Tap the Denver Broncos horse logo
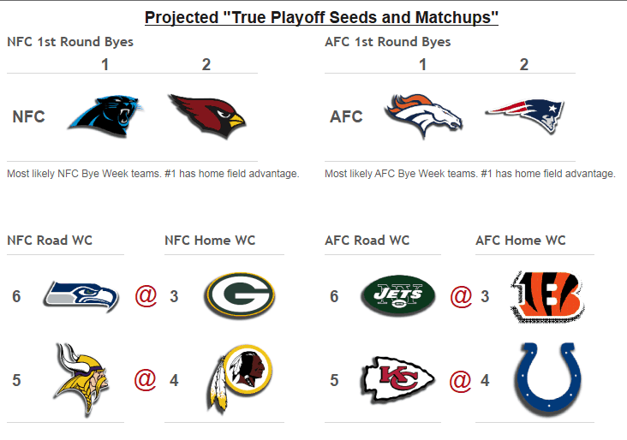[424, 116]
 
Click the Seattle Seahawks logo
[81, 296]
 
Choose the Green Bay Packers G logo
[240, 295]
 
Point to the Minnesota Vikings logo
[82, 380]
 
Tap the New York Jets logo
[398, 295]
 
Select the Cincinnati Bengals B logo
[547, 295]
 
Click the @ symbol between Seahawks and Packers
[146, 296]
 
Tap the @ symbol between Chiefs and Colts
[460, 380]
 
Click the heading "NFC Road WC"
[50, 241]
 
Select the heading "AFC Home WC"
[521, 241]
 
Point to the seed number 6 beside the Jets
[334, 296]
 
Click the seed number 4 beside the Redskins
[174, 380]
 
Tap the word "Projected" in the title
[182, 18]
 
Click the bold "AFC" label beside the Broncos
[346, 116]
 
